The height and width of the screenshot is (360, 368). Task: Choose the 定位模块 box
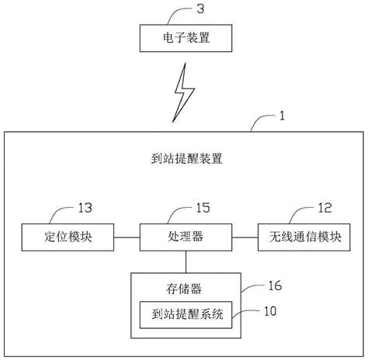[x=68, y=234]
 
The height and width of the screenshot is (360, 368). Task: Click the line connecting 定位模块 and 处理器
[x=127, y=234]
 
